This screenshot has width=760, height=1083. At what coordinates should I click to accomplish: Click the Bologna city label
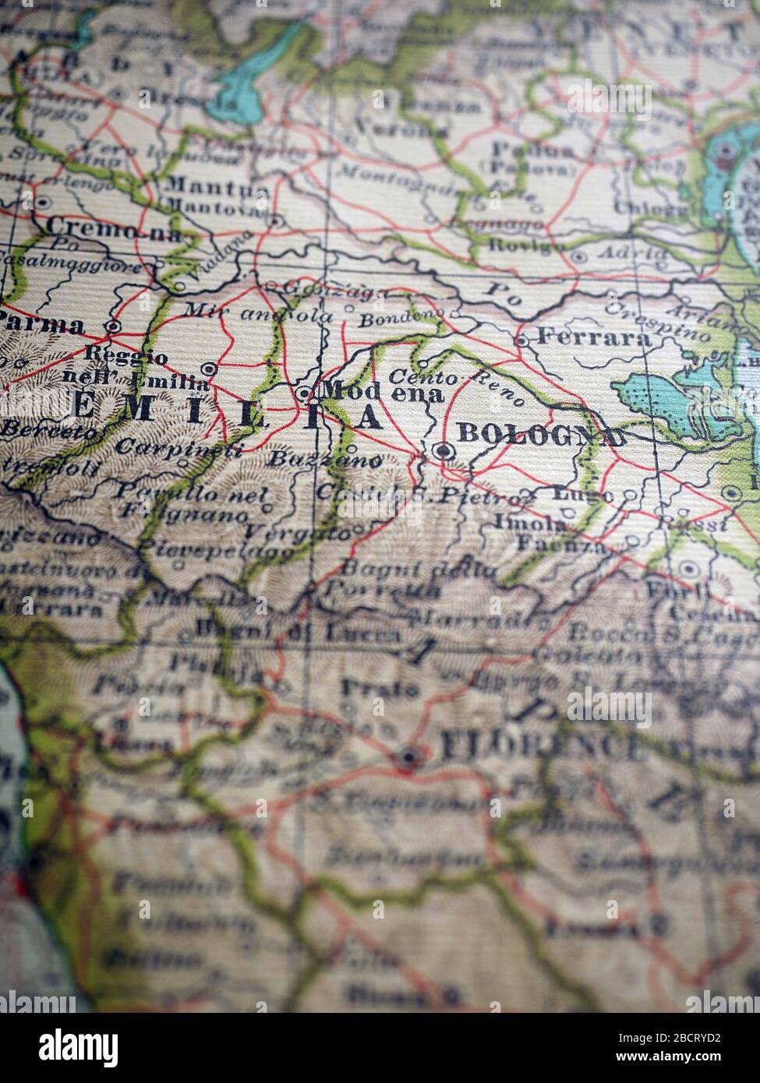(541, 435)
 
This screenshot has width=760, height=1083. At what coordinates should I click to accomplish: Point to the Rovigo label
(526, 245)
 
